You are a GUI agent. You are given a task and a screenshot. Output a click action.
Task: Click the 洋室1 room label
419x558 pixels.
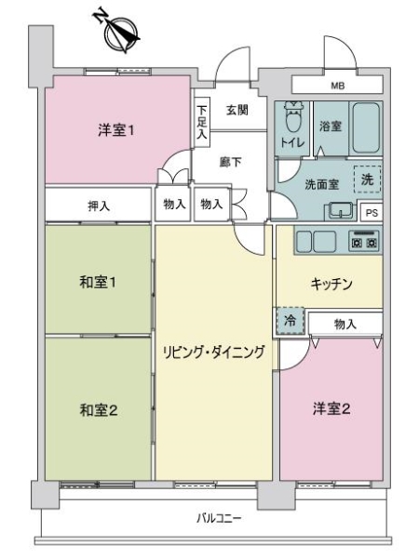(117, 130)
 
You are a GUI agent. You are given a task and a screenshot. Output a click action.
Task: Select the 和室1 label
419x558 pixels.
(97, 280)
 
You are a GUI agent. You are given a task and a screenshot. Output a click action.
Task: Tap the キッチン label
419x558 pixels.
(331, 285)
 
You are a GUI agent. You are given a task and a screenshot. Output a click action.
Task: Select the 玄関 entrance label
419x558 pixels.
(236, 110)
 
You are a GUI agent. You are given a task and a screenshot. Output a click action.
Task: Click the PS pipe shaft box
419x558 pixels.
(370, 211)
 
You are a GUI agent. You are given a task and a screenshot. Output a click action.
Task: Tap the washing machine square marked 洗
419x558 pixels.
(367, 179)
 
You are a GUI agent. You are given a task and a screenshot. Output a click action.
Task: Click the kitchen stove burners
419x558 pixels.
(363, 241)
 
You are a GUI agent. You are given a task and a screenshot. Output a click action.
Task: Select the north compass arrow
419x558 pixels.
(120, 32)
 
